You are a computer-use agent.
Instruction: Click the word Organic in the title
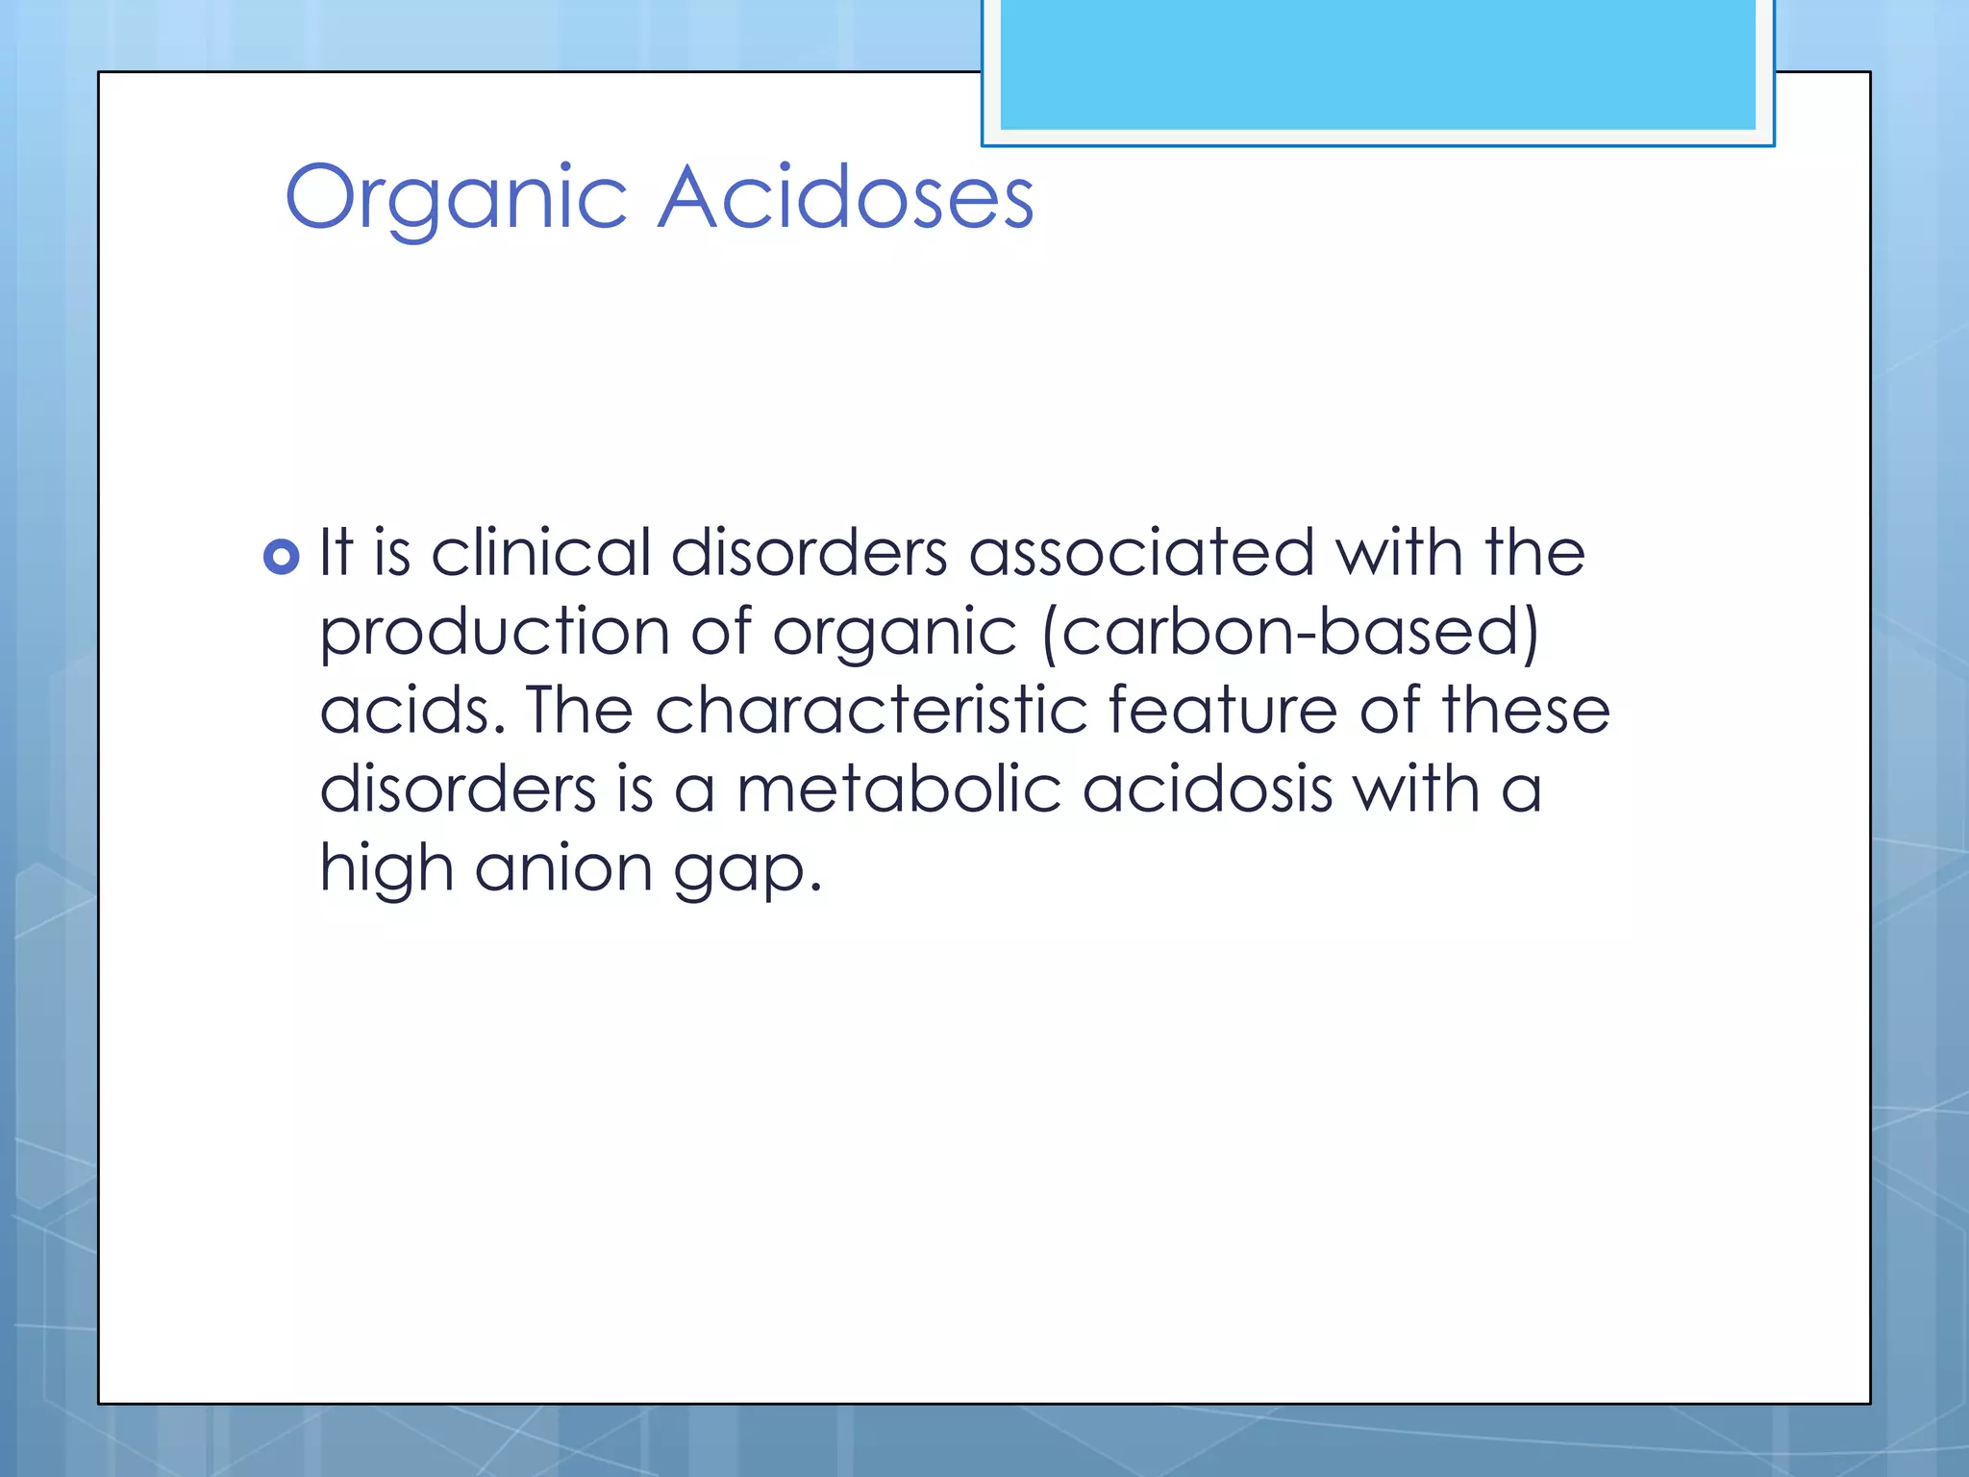tap(456, 198)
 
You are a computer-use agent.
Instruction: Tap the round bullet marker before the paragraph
tap(281, 557)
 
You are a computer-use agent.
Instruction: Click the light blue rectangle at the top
tap(1377, 65)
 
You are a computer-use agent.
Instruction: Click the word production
tap(494, 634)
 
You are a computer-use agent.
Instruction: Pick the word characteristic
tap(871, 711)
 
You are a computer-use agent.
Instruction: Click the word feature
tap(1222, 711)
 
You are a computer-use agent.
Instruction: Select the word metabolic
tap(898, 789)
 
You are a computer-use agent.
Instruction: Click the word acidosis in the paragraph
tap(1208, 789)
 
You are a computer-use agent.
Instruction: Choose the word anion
tap(563, 868)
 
